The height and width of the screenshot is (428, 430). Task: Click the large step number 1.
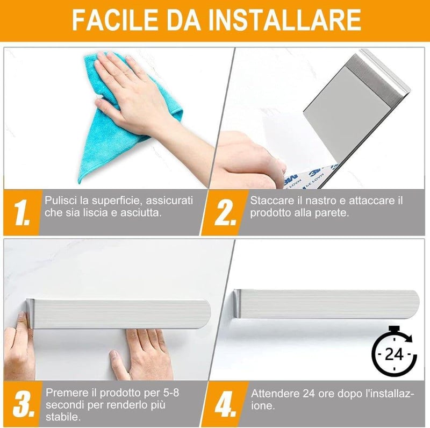point(22,212)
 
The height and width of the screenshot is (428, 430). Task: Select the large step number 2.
point(225,212)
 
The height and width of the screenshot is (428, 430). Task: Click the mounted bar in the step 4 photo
point(326,304)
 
